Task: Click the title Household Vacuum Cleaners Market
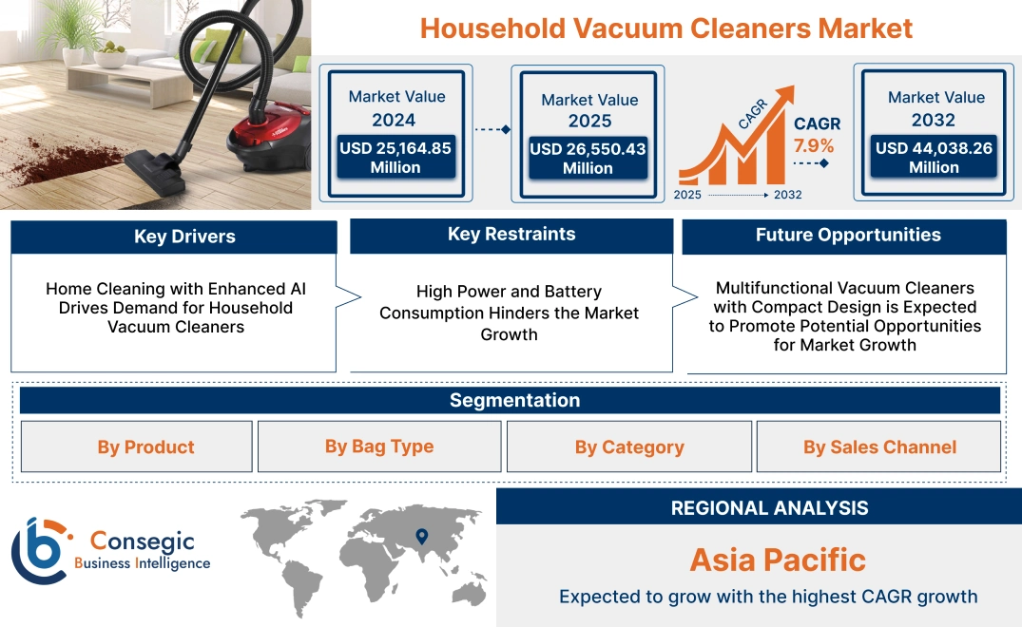pyautogui.click(x=665, y=28)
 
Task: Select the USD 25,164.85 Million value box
pyautogui.click(x=395, y=158)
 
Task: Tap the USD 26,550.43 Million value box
pyautogui.click(x=587, y=159)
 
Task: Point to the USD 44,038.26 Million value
pyautogui.click(x=934, y=158)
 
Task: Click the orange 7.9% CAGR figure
pyautogui.click(x=814, y=146)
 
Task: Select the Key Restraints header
pyautogui.click(x=511, y=235)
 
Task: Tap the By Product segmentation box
pyautogui.click(x=145, y=447)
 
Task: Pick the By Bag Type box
pyautogui.click(x=379, y=446)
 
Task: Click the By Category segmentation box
pyautogui.click(x=628, y=447)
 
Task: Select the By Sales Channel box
pyautogui.click(x=879, y=447)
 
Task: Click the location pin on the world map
pyautogui.click(x=421, y=538)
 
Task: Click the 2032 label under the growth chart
pyautogui.click(x=787, y=195)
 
